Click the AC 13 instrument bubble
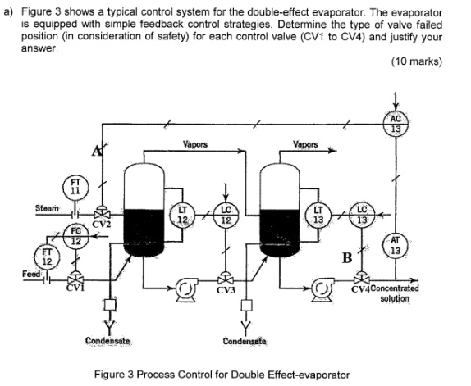pyautogui.click(x=397, y=124)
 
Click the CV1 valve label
pyautogui.click(x=77, y=286)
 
